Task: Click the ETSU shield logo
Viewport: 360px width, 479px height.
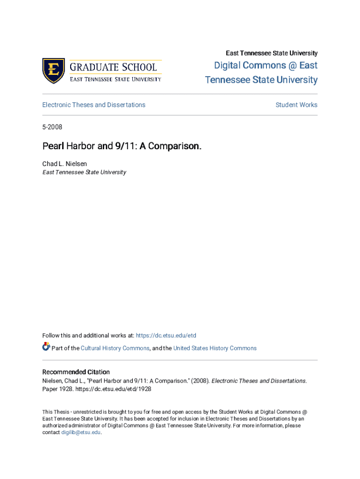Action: pyautogui.click(x=53, y=71)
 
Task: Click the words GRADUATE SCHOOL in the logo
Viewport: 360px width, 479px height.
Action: pyautogui.click(x=113, y=66)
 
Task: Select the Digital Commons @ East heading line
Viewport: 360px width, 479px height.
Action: pyautogui.click(x=266, y=65)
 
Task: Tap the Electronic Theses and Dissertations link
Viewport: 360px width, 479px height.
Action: pyautogui.click(x=94, y=105)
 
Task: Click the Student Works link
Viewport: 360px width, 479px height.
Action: pyautogui.click(x=296, y=105)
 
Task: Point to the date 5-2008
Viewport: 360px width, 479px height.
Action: pyautogui.click(x=52, y=127)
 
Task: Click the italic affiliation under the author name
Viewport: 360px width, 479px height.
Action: pyautogui.click(x=84, y=172)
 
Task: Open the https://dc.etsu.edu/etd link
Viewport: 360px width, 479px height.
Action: pyautogui.click(x=166, y=335)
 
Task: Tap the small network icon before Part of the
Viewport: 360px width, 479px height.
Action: pyautogui.click(x=46, y=347)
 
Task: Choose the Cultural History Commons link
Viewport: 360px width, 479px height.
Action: pyautogui.click(x=115, y=348)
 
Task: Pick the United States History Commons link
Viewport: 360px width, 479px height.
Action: pyautogui.click(x=215, y=348)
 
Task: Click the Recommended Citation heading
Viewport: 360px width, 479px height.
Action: pyautogui.click(x=76, y=372)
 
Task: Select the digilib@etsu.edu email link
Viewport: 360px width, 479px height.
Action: pyautogui.click(x=81, y=433)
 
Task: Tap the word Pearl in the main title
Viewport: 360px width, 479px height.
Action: pyautogui.click(x=52, y=146)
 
